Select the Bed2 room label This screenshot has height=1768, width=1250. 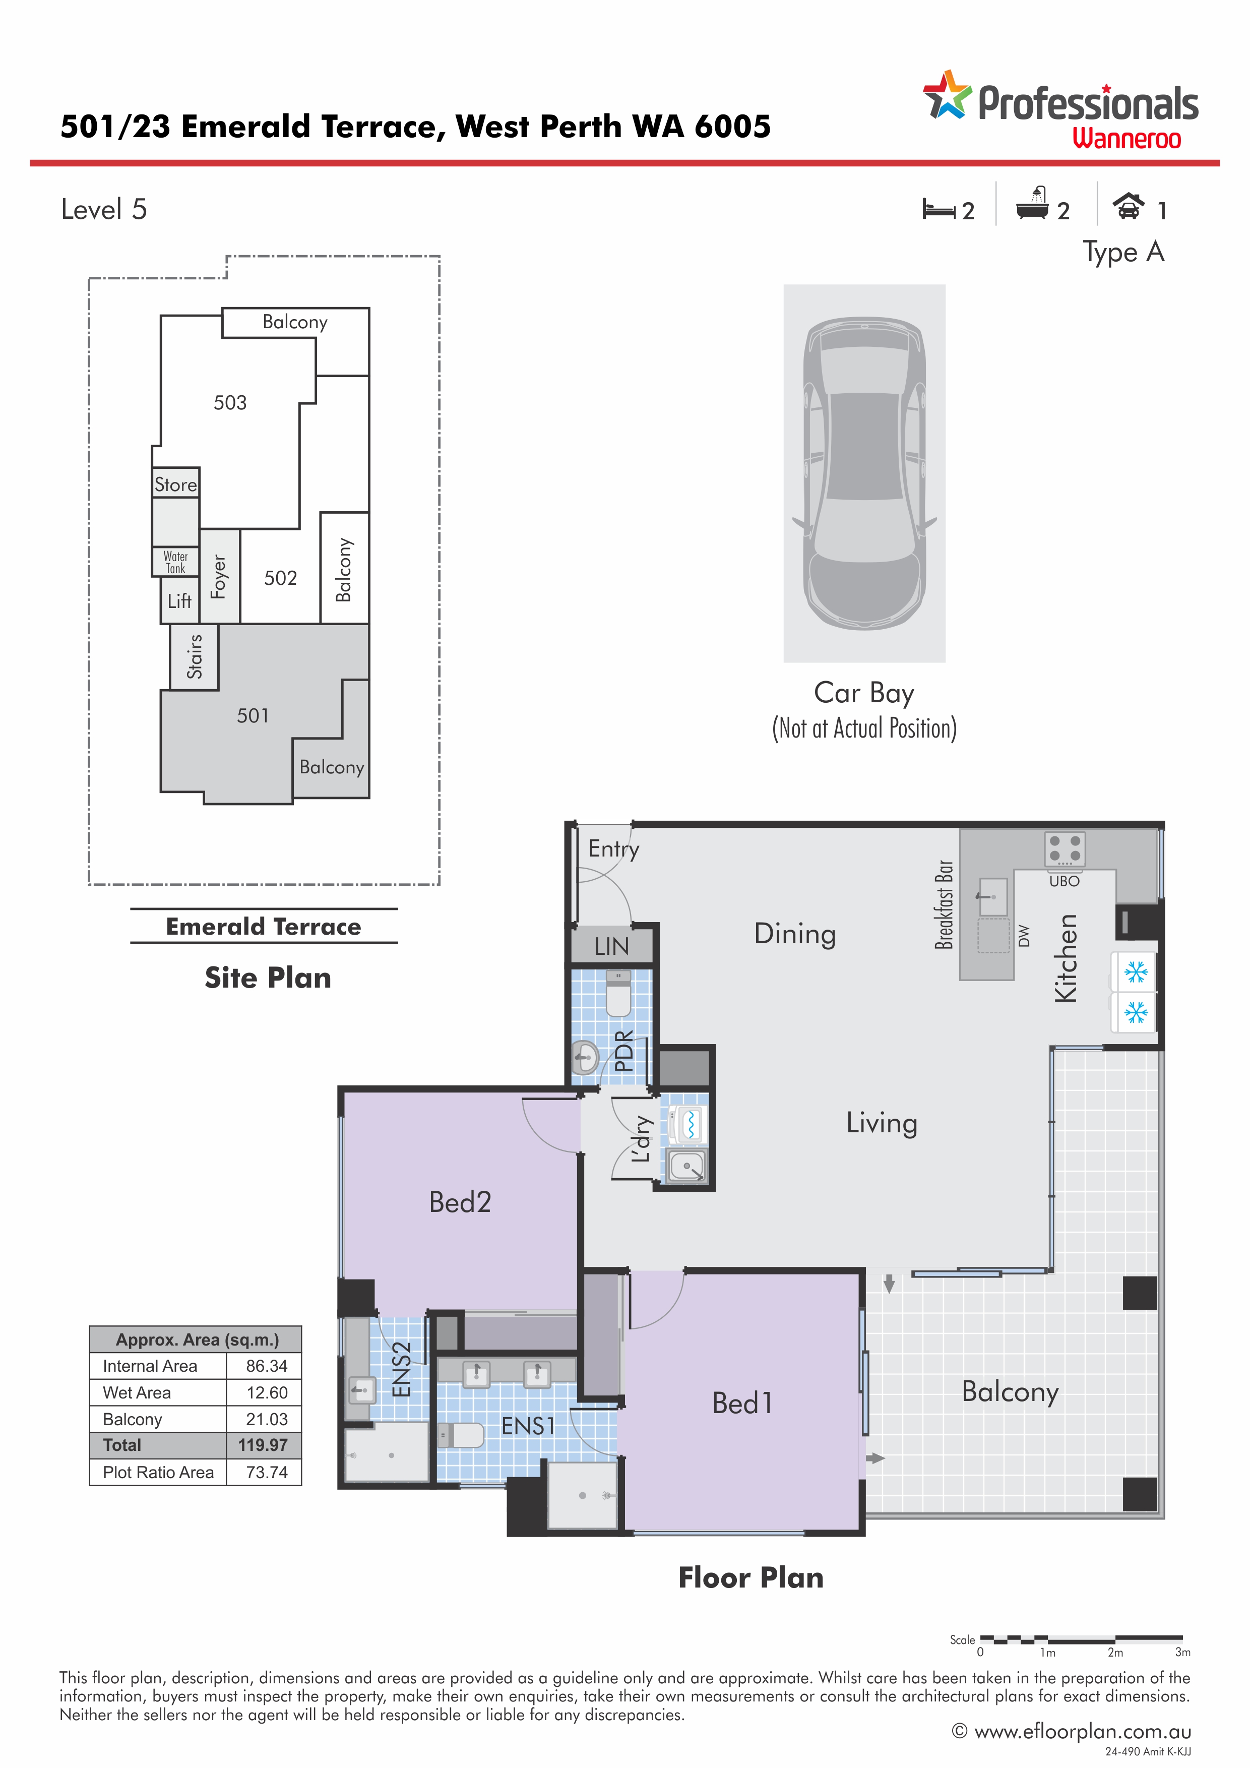[x=460, y=1202]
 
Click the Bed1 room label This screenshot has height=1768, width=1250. [x=742, y=1403]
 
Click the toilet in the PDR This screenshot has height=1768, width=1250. [x=618, y=993]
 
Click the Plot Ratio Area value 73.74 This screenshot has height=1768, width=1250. [x=266, y=1472]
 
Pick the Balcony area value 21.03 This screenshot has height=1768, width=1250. [x=266, y=1419]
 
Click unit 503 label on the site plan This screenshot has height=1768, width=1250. [x=230, y=403]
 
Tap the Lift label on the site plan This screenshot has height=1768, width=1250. [x=179, y=600]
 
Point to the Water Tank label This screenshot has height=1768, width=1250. [x=175, y=562]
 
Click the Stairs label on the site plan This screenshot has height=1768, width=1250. [x=195, y=656]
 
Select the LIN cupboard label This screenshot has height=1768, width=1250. [x=612, y=946]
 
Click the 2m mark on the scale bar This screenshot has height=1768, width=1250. [x=1115, y=1652]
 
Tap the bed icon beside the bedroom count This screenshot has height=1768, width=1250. [x=939, y=209]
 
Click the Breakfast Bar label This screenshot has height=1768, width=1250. [x=944, y=905]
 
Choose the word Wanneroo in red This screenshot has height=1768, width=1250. [x=1127, y=139]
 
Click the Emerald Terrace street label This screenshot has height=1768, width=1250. [x=263, y=927]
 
